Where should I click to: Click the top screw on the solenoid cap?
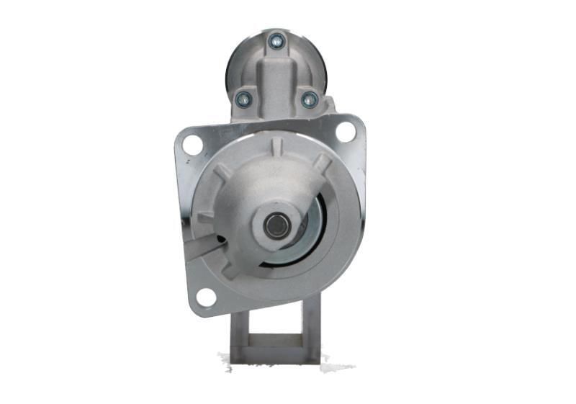[276, 41]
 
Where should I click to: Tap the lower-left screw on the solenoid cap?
[243, 99]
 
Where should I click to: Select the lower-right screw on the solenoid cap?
[309, 99]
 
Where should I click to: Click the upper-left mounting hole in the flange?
[192, 144]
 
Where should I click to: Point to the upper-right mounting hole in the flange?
[346, 132]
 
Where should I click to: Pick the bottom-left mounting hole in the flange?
[206, 296]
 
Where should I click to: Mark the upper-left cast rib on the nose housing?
[223, 171]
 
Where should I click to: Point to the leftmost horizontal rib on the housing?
[206, 216]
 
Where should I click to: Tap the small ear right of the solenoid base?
[330, 106]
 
